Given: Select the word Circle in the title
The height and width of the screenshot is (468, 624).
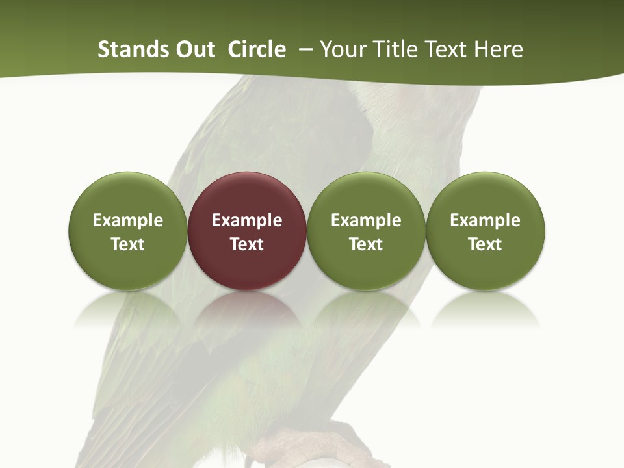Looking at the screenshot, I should (257, 49).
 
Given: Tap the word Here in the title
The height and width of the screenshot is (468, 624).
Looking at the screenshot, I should (499, 49).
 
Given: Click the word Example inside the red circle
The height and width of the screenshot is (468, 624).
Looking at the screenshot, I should (247, 220).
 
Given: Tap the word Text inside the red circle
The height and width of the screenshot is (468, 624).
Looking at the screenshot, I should (247, 244).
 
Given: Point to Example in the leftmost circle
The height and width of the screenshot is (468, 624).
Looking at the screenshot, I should (128, 220).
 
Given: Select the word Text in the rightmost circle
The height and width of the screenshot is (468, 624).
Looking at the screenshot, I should (486, 244).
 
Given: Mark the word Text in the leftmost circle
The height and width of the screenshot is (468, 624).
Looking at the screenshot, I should (128, 244).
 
